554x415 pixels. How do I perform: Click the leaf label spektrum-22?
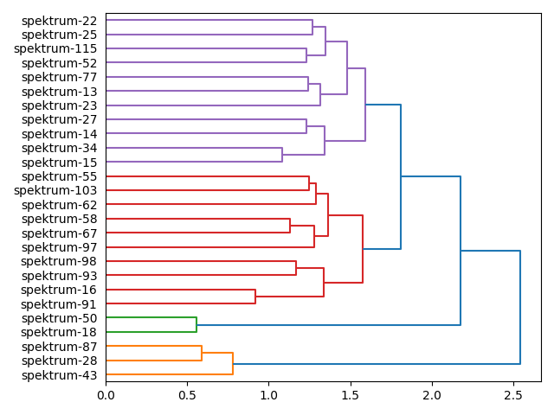click(59, 21)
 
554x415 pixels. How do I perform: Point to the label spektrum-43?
click(59, 375)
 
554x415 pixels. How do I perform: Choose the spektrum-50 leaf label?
click(59, 318)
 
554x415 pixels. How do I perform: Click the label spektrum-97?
click(59, 247)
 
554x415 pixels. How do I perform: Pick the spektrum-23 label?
click(59, 105)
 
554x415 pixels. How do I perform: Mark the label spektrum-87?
click(59, 347)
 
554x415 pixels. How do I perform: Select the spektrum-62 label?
click(59, 205)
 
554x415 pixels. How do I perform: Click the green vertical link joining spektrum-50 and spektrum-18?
click(196, 325)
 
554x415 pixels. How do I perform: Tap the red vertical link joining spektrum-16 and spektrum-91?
click(255, 297)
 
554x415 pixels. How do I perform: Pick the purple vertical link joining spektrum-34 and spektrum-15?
click(282, 155)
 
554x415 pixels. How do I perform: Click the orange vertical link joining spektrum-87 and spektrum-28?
click(202, 354)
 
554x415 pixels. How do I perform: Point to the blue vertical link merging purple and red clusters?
click(401, 176)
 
